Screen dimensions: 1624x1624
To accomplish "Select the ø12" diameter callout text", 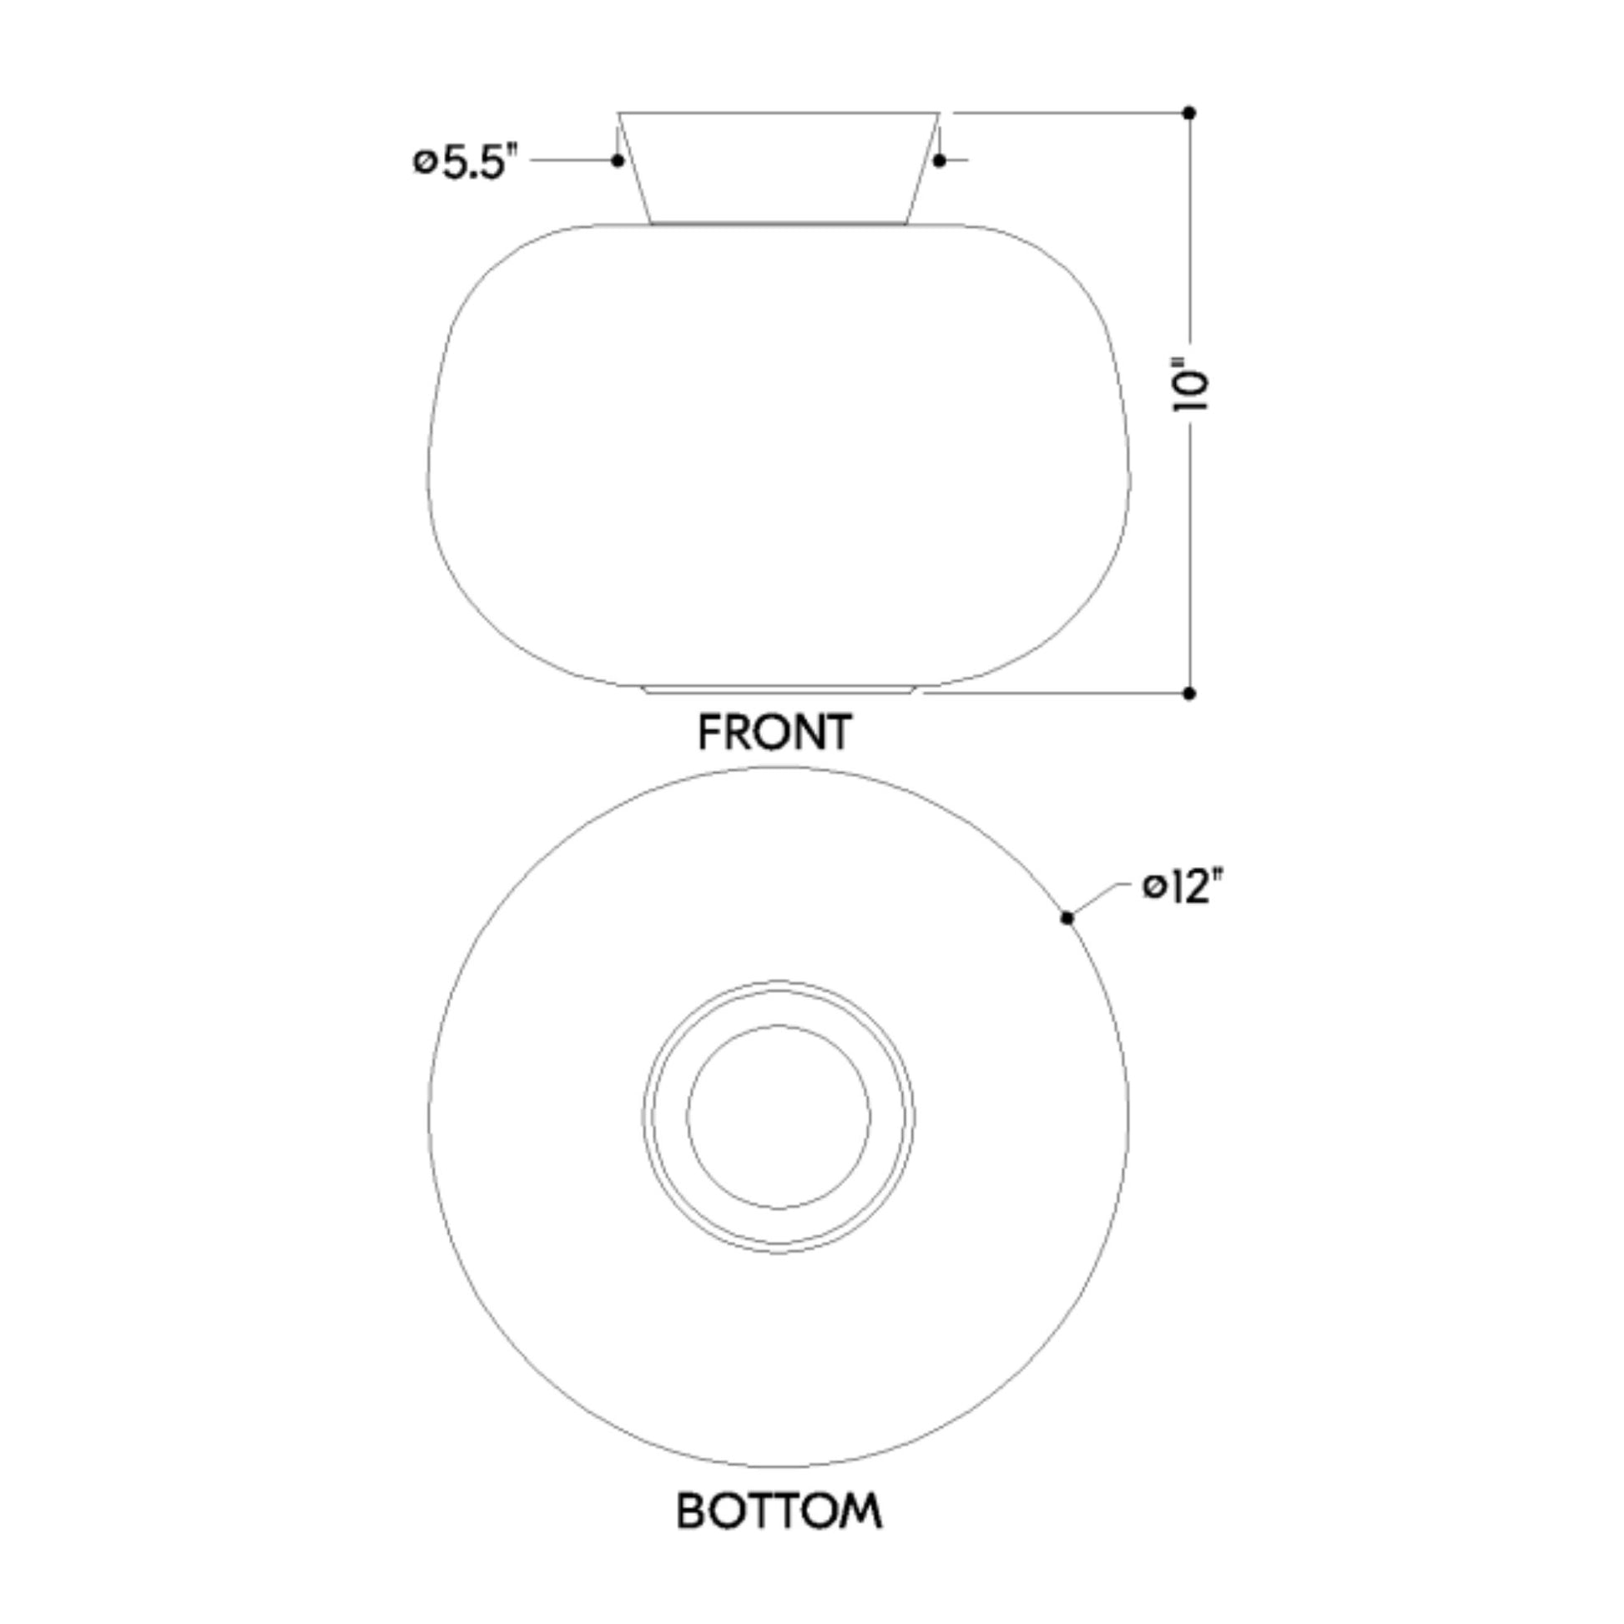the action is click(x=1183, y=888).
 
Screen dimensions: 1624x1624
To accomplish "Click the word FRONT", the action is click(x=775, y=732).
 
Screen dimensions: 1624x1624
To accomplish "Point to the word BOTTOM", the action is click(x=779, y=1511).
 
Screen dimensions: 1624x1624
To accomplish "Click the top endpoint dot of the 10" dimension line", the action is click(x=1188, y=113).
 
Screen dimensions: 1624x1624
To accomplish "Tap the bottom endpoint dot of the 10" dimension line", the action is click(x=1188, y=693).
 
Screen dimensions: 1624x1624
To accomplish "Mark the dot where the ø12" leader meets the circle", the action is click(x=1067, y=918).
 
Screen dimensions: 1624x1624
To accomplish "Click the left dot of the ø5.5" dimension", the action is click(x=618, y=160).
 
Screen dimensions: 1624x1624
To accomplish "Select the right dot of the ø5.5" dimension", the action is click(x=940, y=160).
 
